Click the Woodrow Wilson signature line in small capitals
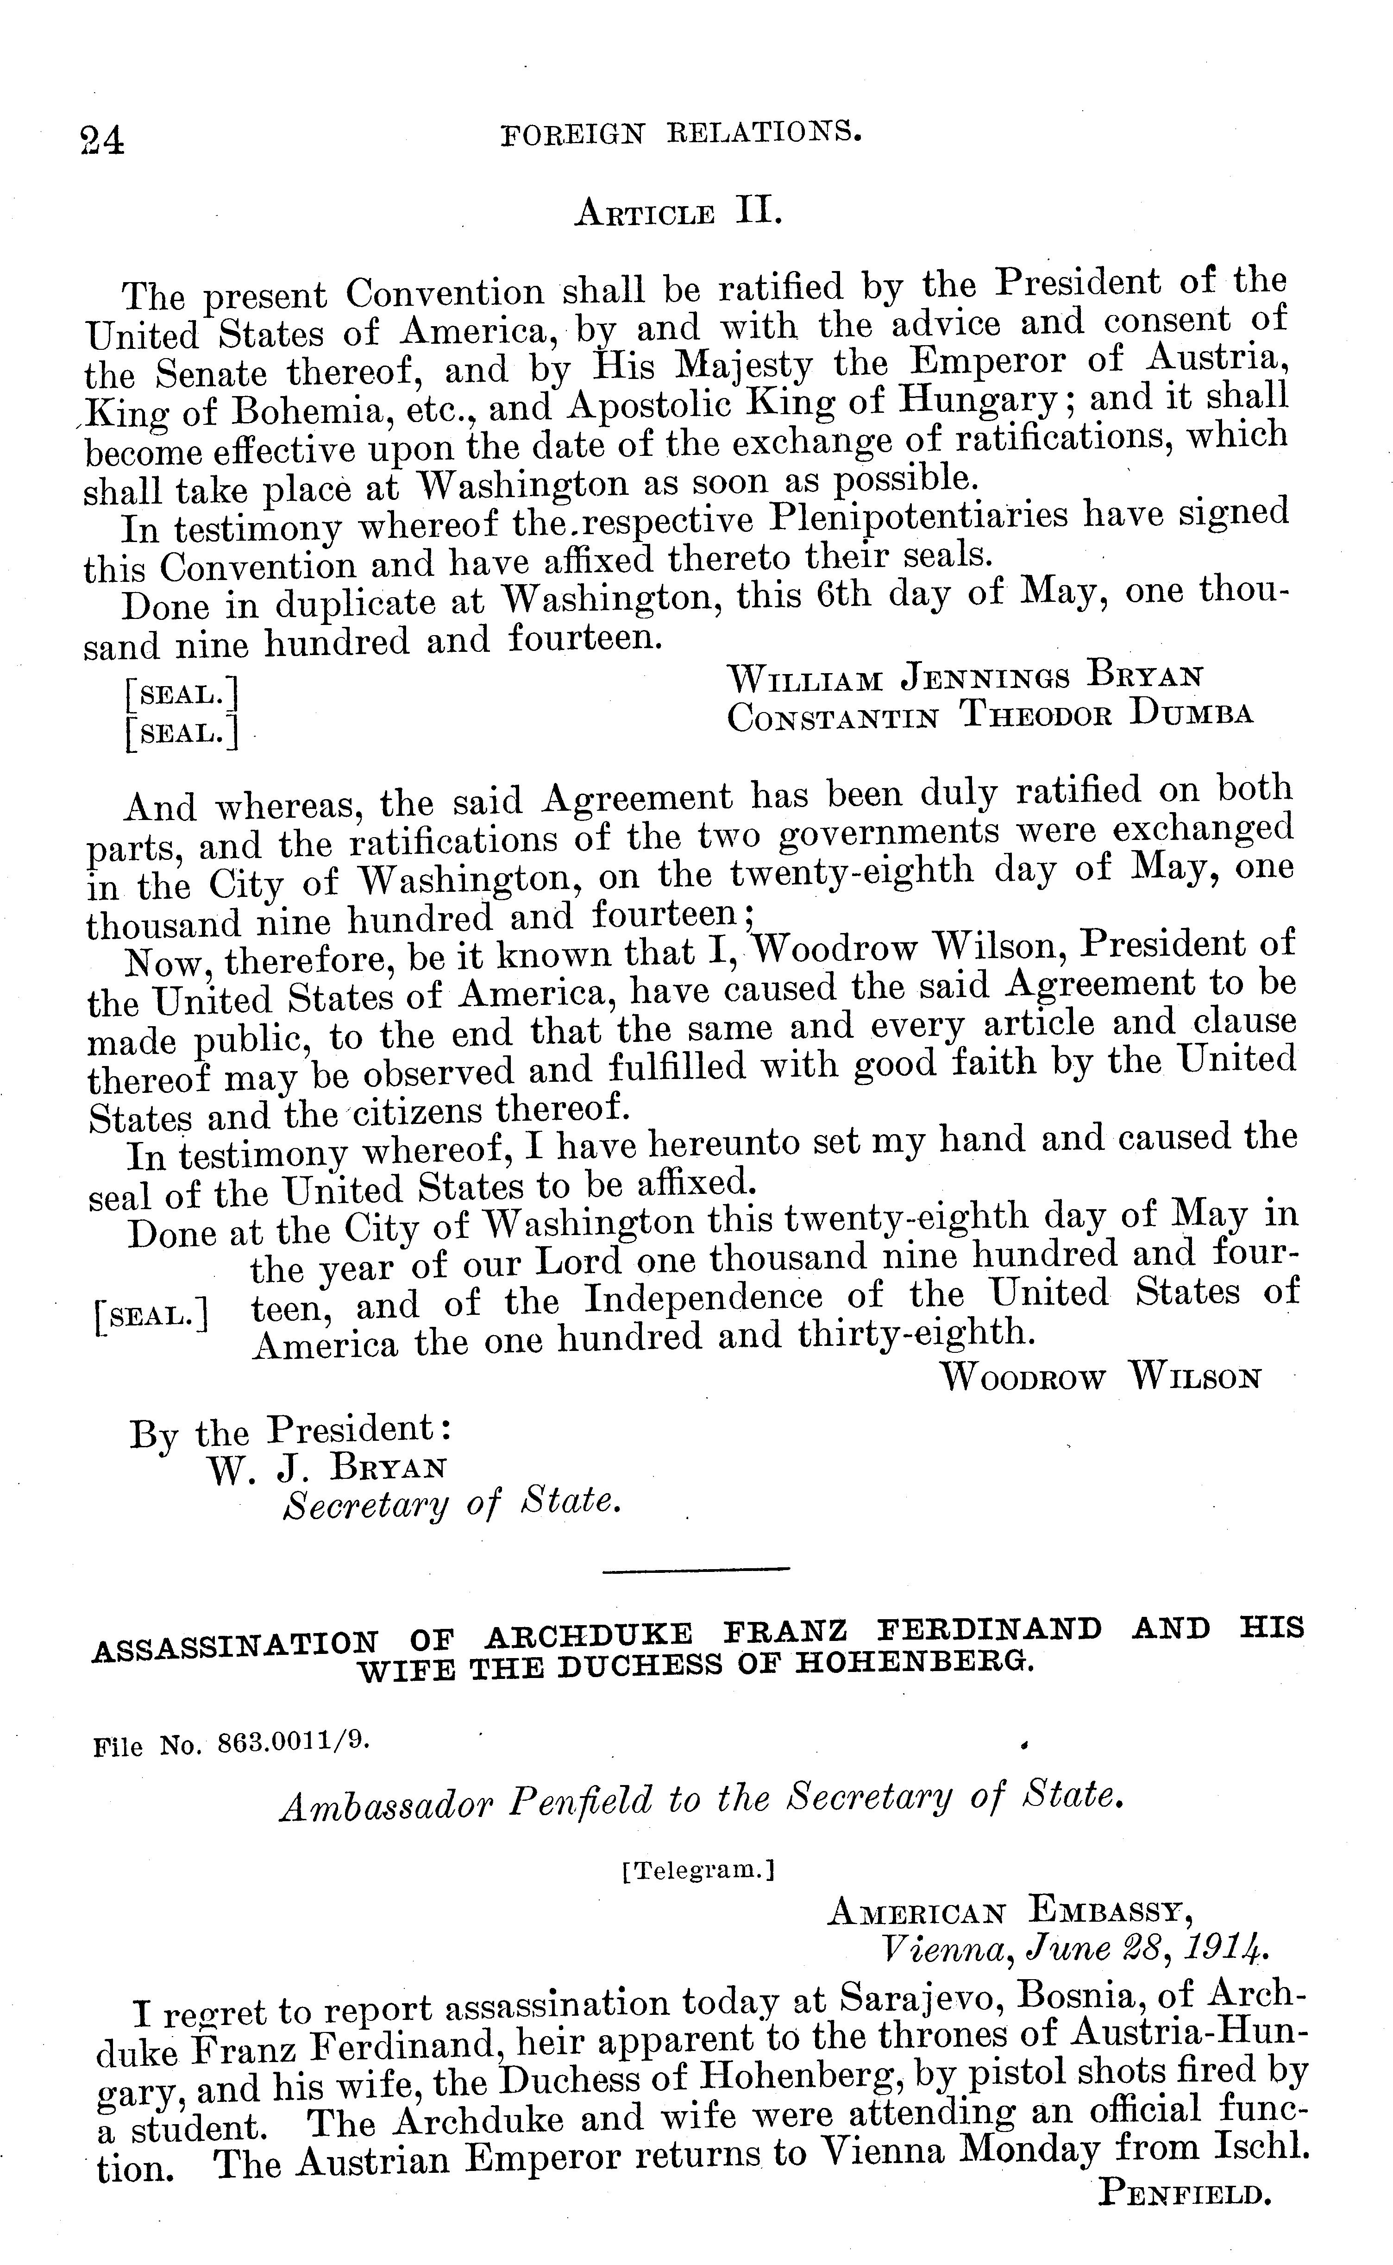point(1101,1378)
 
